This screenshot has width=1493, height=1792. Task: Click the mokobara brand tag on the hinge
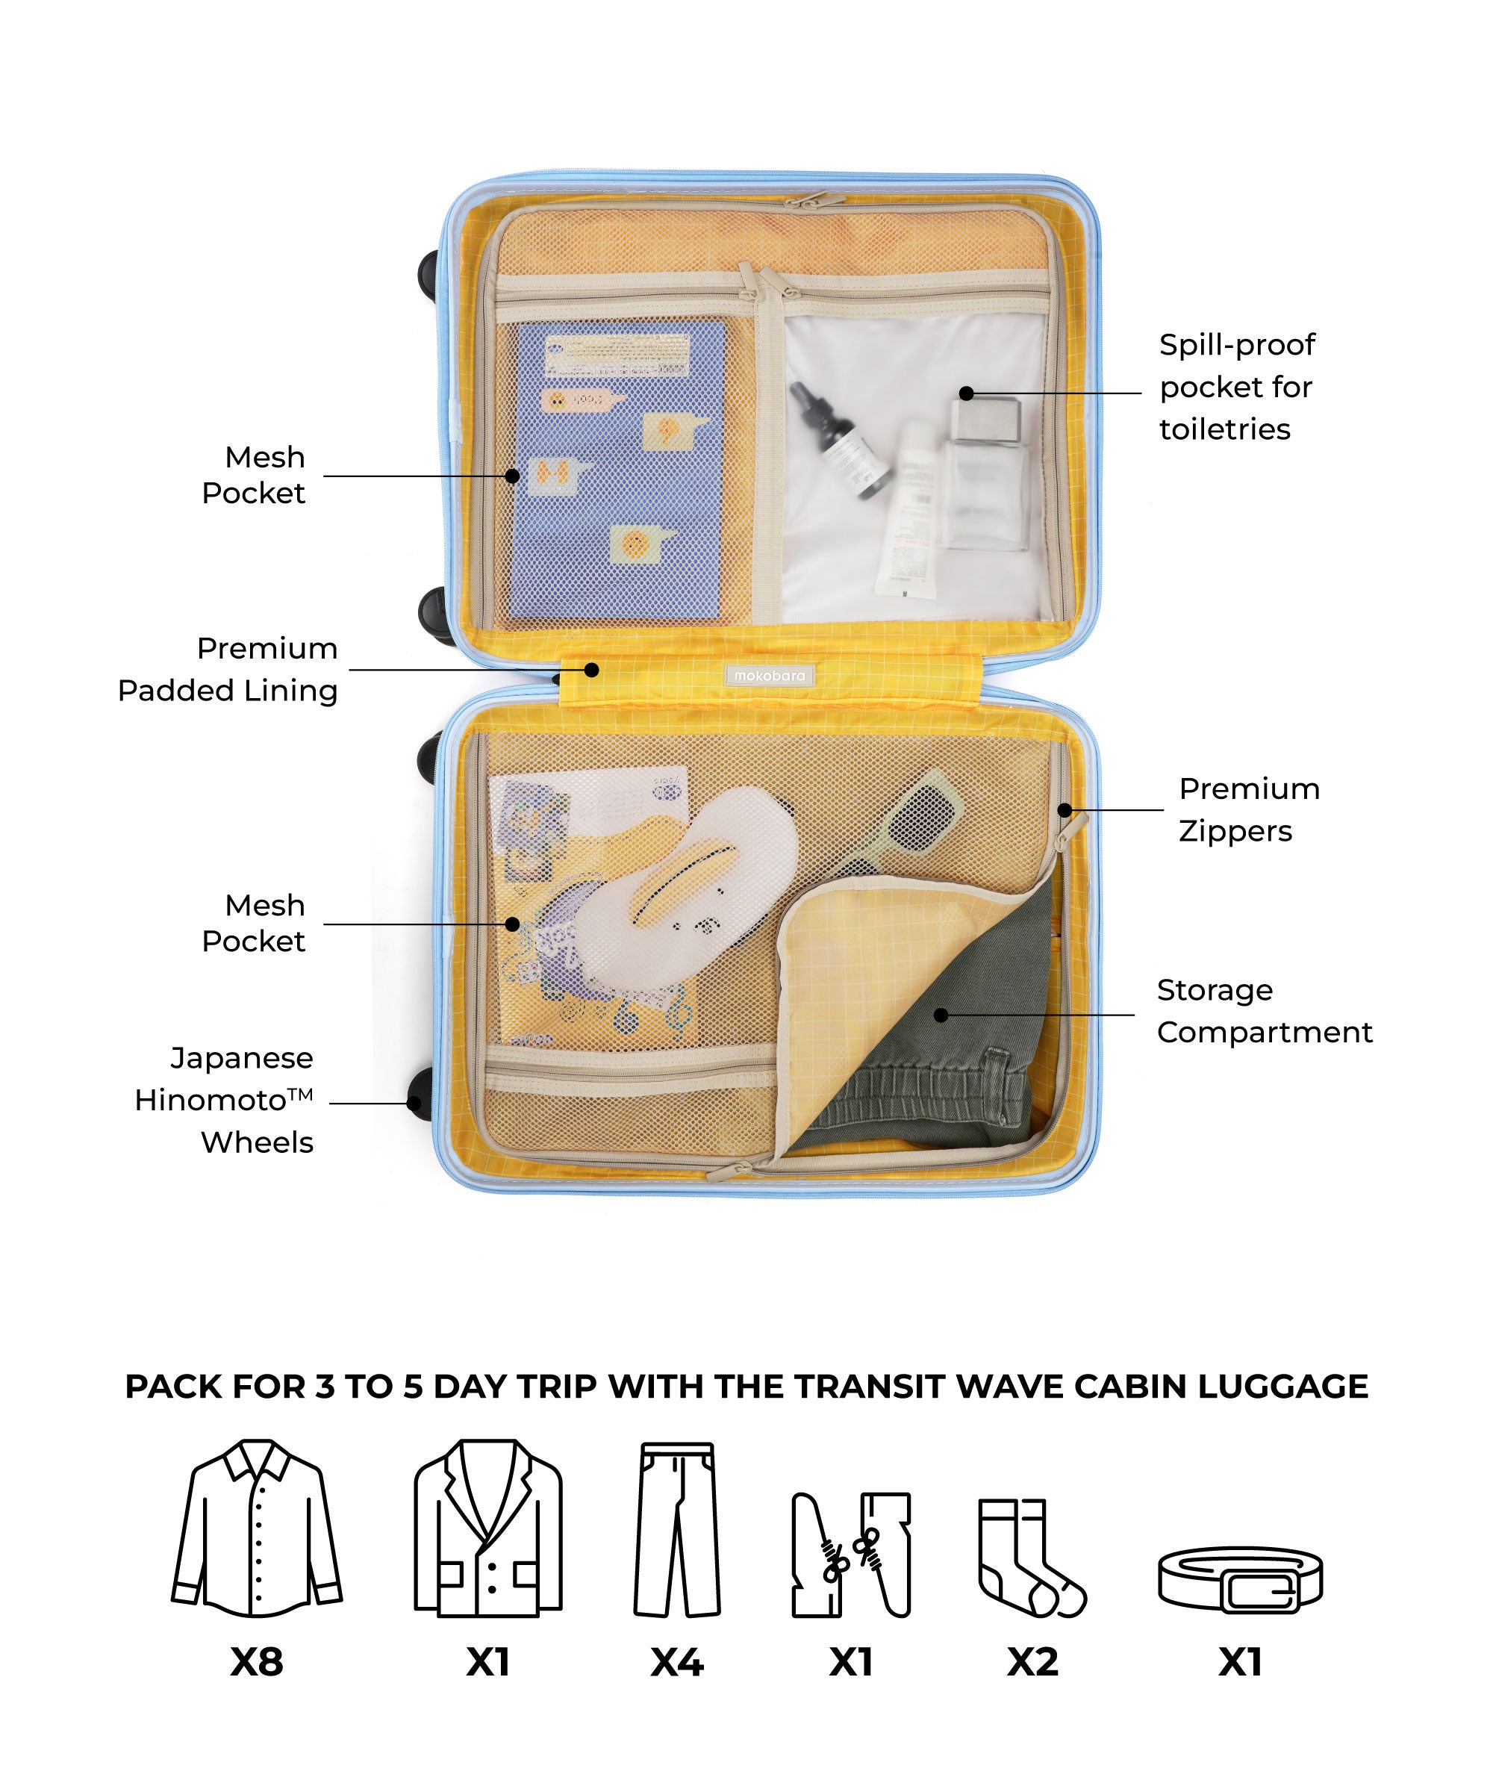[x=769, y=676]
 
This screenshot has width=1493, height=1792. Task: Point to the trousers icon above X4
[x=677, y=1529]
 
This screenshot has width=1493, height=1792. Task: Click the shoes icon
[x=852, y=1555]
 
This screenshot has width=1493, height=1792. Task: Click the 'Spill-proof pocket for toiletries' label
[x=1237, y=387]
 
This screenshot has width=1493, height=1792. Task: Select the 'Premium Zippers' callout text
[x=1249, y=810]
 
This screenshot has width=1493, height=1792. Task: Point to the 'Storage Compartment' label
[x=1265, y=1011]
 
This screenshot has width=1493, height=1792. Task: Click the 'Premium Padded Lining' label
[x=228, y=670]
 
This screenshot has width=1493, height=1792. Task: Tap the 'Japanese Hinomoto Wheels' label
[x=225, y=1100]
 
